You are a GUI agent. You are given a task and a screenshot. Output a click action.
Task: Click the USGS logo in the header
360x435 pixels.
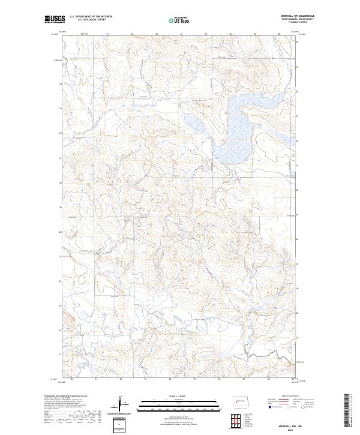point(55,20)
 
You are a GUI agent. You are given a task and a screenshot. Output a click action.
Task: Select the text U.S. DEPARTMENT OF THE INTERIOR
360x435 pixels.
point(91,16)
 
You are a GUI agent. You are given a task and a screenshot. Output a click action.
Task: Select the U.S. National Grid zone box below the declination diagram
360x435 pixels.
point(119,425)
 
